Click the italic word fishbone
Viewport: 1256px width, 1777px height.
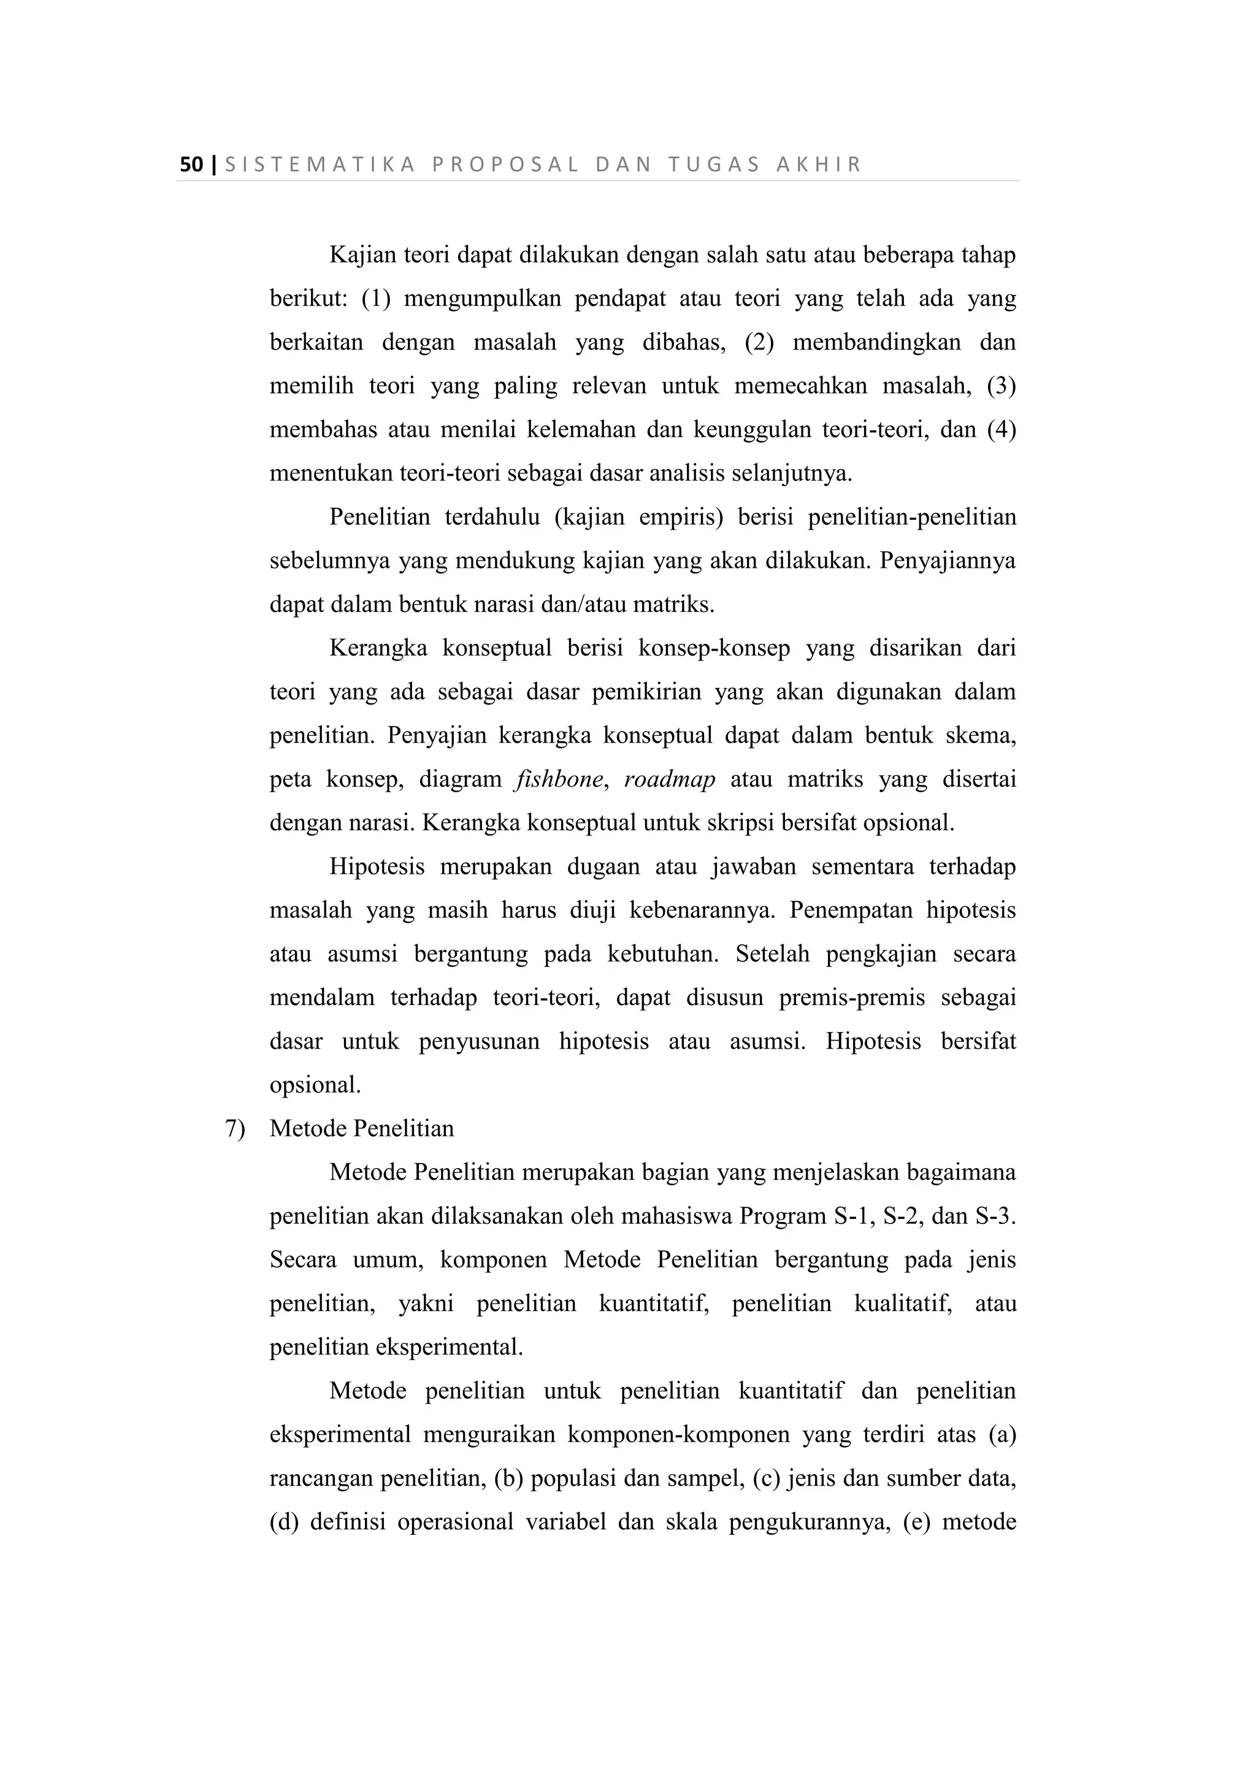coord(558,779)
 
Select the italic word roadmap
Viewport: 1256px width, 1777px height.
coord(670,779)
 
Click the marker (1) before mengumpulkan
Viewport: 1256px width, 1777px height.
coord(375,299)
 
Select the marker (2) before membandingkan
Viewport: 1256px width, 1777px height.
coord(759,342)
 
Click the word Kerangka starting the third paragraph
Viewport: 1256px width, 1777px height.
coord(378,648)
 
